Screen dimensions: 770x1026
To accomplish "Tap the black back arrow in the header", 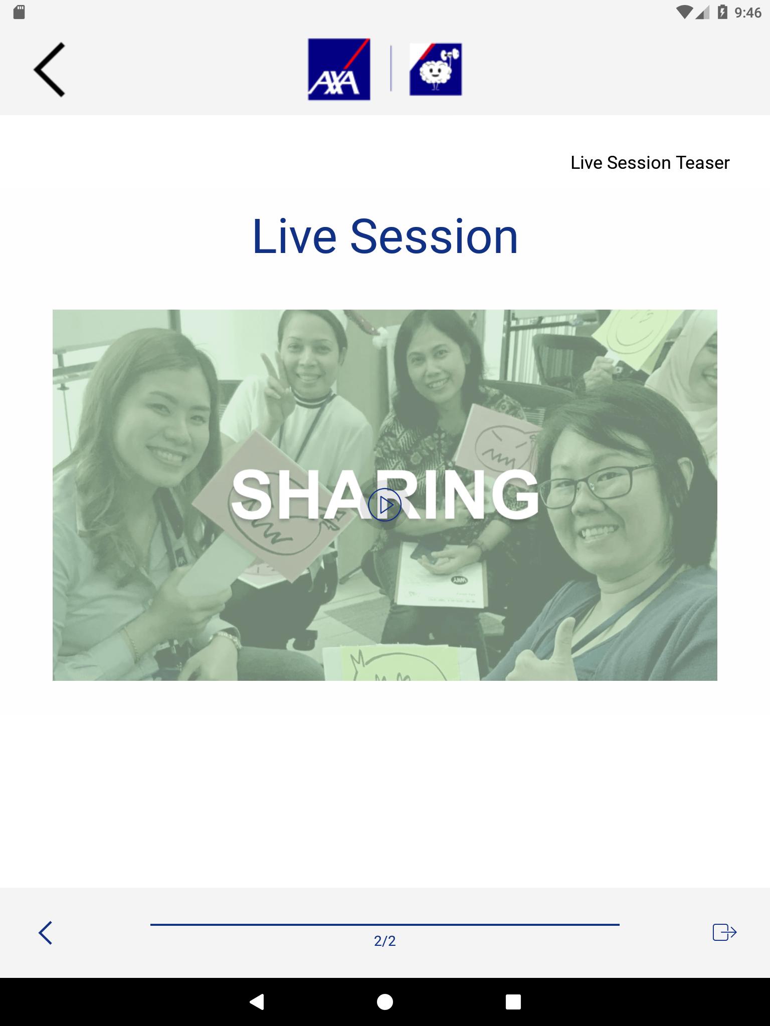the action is [50, 70].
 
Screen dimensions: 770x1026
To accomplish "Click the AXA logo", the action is [339, 69].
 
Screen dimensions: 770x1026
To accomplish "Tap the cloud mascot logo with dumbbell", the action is [436, 69].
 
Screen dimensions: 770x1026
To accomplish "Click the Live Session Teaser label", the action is [650, 163].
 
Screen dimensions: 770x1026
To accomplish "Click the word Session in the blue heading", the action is [434, 236].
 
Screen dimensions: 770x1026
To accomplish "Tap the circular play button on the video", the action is [384, 504].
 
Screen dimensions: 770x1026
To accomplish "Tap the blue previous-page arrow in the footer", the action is [45, 933].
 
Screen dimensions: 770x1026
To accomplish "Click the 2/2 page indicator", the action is [384, 941].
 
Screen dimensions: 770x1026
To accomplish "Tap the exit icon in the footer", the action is [724, 932].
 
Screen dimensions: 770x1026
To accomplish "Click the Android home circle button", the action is [384, 1001].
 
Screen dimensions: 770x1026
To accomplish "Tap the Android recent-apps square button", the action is [513, 1001].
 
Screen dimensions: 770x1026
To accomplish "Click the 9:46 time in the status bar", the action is [748, 13].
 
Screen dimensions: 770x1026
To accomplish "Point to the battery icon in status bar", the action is [722, 12].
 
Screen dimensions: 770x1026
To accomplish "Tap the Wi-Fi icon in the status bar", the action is [684, 12].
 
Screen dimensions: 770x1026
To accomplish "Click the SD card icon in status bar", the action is [19, 12].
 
